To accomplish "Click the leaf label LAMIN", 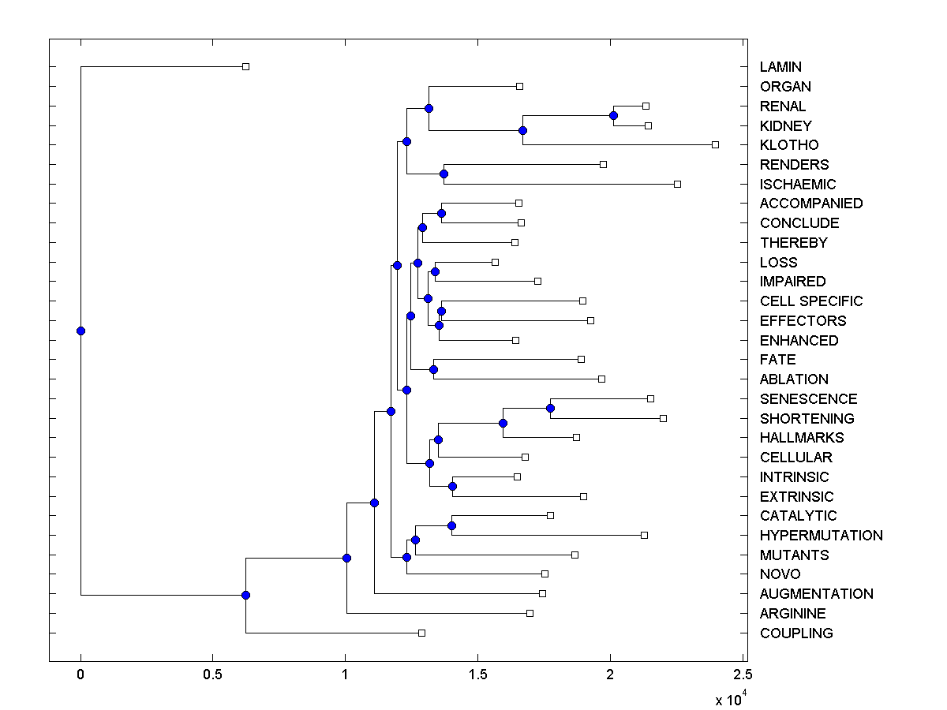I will [780, 67].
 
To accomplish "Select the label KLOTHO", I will [789, 145].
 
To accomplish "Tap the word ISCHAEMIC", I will [798, 184].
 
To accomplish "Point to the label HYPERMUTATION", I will [821, 536].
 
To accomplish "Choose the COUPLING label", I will [795, 633].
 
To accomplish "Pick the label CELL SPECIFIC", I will [811, 301].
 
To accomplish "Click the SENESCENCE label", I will [808, 399].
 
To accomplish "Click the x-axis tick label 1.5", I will [477, 675].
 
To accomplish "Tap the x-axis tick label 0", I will [80, 675].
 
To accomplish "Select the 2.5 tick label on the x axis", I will [742, 675].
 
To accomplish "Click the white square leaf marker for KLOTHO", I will [715, 144].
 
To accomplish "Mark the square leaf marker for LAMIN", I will [245, 66].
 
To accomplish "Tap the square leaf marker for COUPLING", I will [421, 633].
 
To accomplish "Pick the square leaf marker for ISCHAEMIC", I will [677, 184].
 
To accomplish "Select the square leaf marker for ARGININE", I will [530, 613].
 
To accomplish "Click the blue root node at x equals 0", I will [80, 331].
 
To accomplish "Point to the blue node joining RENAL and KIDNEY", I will [613, 116].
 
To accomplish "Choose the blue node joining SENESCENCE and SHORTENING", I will [550, 408].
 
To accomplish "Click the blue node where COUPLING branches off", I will [245, 594].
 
